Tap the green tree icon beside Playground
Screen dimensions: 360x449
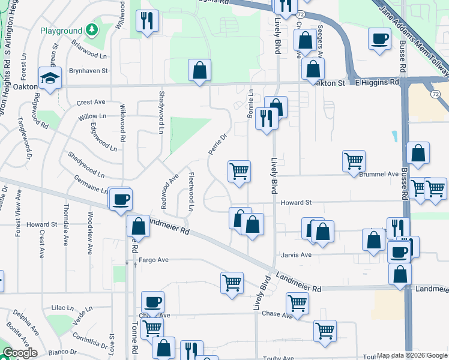click(91, 29)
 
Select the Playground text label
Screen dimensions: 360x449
click(60, 30)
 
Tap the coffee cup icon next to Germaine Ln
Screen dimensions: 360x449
click(121, 199)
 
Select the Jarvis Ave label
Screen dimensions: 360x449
click(297, 255)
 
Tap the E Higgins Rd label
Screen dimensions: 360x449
click(377, 82)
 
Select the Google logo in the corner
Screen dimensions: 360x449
click(19, 353)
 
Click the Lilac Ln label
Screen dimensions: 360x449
click(62, 307)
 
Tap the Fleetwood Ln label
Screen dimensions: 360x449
click(191, 193)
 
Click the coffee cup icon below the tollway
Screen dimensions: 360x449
click(379, 38)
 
